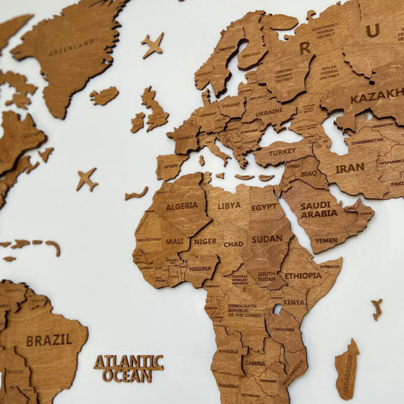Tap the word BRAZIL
click(49, 339)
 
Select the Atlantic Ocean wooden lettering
click(129, 368)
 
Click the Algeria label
click(182, 206)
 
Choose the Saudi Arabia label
click(319, 210)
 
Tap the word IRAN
click(349, 168)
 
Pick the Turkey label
click(282, 153)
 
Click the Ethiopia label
click(303, 276)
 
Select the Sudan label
click(267, 239)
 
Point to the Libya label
click(229, 206)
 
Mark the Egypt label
click(264, 207)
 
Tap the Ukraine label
click(269, 114)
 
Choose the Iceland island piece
click(104, 95)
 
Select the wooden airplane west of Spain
click(87, 179)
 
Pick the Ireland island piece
click(138, 122)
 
